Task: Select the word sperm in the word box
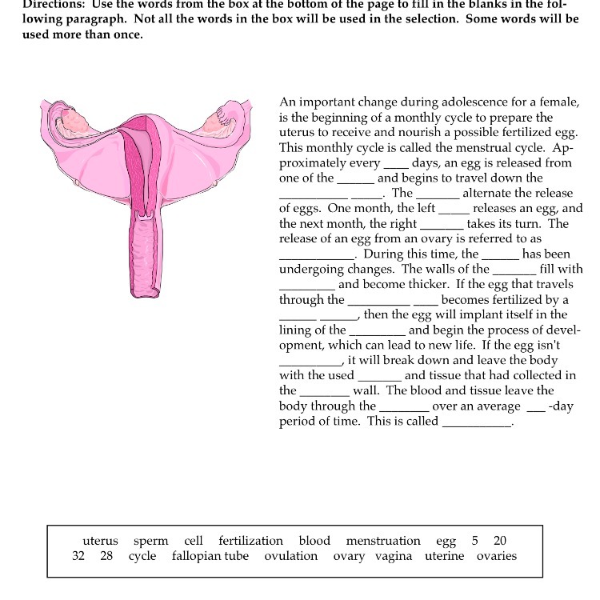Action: (x=151, y=541)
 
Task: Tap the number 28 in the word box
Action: (x=106, y=556)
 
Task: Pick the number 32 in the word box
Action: (x=78, y=556)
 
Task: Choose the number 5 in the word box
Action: (x=475, y=541)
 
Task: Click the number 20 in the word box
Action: (x=500, y=541)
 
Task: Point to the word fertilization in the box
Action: (x=250, y=541)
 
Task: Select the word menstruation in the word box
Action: (x=383, y=541)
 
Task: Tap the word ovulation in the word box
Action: (x=291, y=556)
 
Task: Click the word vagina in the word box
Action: (x=394, y=556)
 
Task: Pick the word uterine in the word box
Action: (x=444, y=556)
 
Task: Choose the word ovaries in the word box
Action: (x=497, y=556)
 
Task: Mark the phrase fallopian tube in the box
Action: (x=210, y=556)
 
